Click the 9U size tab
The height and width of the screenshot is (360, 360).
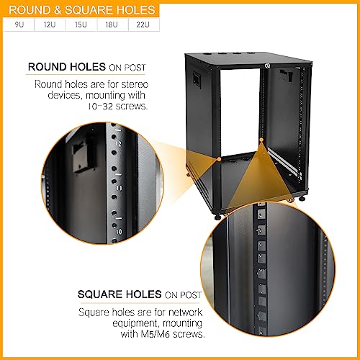(19, 24)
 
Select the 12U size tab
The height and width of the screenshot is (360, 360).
(50, 24)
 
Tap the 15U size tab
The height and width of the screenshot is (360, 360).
(81, 24)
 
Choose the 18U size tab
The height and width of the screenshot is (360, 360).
(112, 24)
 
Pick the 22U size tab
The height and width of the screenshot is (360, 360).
(143, 24)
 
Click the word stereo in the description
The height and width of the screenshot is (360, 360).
(135, 84)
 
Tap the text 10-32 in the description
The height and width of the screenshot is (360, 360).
(100, 106)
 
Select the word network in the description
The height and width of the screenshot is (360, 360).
(185, 312)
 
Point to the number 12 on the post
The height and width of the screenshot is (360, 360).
(119, 143)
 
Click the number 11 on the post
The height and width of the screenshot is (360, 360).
(120, 188)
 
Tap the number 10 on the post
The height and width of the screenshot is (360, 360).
(119, 232)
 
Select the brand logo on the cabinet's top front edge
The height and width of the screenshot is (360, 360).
(266, 66)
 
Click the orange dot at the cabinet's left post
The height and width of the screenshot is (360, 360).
(219, 159)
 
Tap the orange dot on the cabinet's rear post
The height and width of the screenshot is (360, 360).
(261, 140)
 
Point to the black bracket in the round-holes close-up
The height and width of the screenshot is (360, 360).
(83, 154)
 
